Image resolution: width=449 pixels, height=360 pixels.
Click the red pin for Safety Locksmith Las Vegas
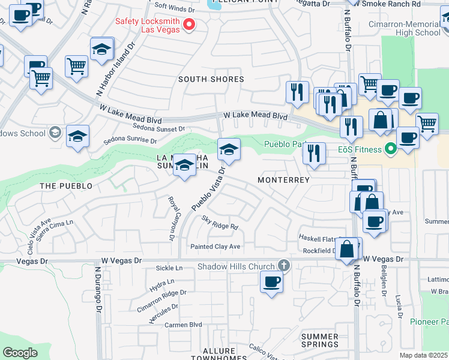(x=189, y=25)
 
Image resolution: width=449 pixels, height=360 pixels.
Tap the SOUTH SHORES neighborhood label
(x=211, y=79)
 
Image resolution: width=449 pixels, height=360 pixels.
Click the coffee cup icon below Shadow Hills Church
(x=271, y=281)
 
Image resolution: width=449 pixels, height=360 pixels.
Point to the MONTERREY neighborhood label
(x=283, y=180)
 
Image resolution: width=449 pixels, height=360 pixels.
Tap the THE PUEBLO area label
(x=66, y=186)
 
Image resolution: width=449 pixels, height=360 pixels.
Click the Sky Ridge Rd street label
(x=220, y=223)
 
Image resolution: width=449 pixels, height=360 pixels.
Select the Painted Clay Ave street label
(x=215, y=247)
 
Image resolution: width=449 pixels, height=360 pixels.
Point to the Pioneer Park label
(x=429, y=322)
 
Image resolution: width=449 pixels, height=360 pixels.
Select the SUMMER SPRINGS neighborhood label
(x=319, y=340)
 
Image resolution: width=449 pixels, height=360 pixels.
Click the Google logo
(x=20, y=353)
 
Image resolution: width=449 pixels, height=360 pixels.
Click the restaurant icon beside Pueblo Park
(x=314, y=154)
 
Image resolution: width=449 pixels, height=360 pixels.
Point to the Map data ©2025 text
(x=423, y=355)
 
